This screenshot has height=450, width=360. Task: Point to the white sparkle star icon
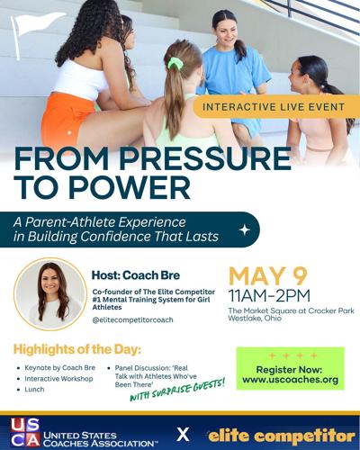[x=244, y=229]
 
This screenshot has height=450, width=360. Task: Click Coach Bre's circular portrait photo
[x=50, y=292]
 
